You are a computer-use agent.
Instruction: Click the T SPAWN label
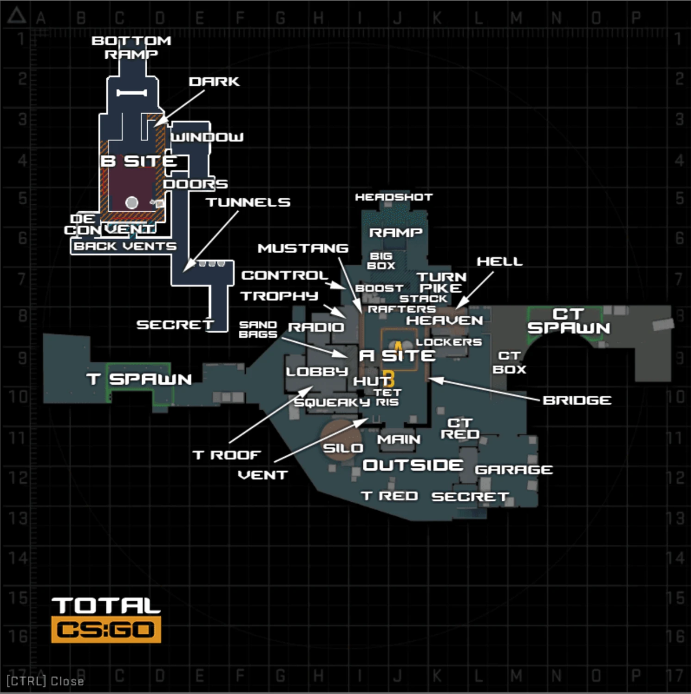[139, 379]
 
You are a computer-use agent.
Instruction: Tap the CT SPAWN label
[569, 321]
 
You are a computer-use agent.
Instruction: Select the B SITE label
[139, 161]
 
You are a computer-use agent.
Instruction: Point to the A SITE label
[397, 356]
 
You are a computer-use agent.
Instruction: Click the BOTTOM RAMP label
[132, 48]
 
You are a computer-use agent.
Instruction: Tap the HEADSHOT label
[394, 197]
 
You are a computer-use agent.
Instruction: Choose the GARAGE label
[514, 469]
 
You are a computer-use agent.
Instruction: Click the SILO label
[343, 448]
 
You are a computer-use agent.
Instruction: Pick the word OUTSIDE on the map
[413, 465]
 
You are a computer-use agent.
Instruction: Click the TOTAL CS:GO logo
[106, 620]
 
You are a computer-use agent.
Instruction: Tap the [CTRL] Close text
[45, 681]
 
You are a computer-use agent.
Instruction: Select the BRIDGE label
[577, 400]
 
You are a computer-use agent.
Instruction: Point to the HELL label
[500, 262]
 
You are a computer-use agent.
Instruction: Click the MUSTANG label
[303, 248]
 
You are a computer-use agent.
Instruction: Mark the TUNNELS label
[248, 203]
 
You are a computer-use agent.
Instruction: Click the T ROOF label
[227, 455]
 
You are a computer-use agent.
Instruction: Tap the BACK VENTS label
[125, 246]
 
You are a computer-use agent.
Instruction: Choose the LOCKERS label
[449, 342]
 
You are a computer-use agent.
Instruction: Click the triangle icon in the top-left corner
[16, 16]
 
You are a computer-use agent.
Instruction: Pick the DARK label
[214, 81]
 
